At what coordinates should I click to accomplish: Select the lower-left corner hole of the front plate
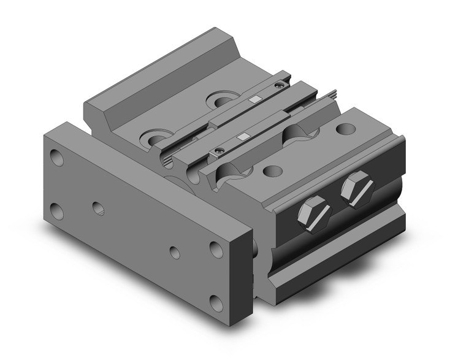pos(58,212)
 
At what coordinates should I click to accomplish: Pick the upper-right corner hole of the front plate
pos(216,248)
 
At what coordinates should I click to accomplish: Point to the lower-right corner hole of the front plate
pos(215,301)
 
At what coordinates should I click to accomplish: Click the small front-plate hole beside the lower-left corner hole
pos(98,207)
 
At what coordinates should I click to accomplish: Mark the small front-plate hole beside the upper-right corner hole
pos(175,252)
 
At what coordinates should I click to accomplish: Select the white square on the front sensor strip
pos(244,136)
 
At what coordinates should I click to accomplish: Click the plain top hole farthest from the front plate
pos(346,129)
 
